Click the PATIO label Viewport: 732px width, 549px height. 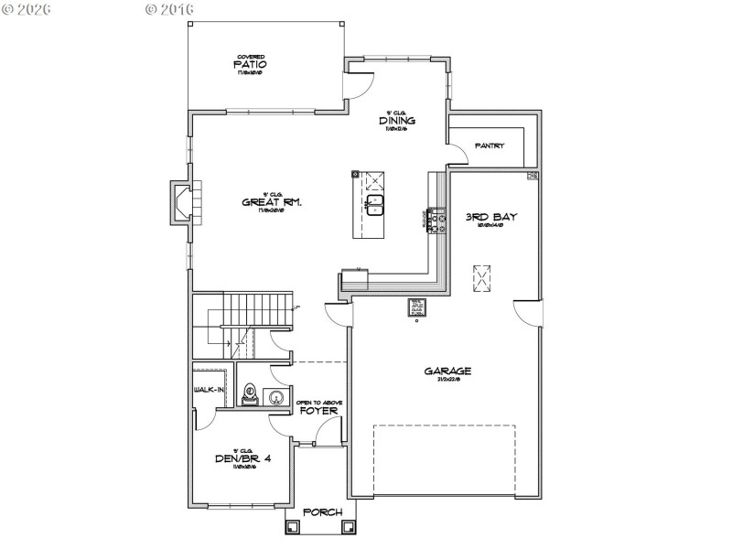249,65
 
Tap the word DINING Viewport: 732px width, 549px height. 398,120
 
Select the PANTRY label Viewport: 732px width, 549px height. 490,145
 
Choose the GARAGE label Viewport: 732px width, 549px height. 447,371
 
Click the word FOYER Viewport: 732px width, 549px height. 319,412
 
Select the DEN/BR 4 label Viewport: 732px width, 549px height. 244,459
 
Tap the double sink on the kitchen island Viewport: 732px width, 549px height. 375,204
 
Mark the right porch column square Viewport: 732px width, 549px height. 348,527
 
